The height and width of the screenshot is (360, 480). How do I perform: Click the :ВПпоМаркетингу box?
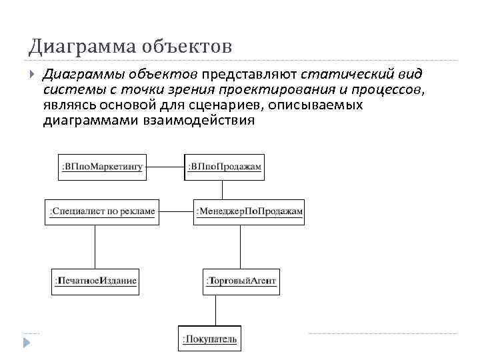pyautogui.click(x=102, y=167)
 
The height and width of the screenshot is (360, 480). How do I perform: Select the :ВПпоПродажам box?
pyautogui.click(x=225, y=167)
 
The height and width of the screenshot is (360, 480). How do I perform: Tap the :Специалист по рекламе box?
pyautogui.click(x=101, y=211)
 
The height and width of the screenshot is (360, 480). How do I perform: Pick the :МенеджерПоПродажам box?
pyautogui.click(x=249, y=211)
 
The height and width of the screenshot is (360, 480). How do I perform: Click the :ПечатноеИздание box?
pyautogui.click(x=95, y=281)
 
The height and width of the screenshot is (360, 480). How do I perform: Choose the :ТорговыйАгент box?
pyautogui.click(x=241, y=281)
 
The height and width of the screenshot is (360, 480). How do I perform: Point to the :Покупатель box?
pyautogui.click(x=209, y=339)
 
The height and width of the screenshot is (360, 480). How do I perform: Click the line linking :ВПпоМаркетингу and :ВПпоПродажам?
pyautogui.click(x=165, y=167)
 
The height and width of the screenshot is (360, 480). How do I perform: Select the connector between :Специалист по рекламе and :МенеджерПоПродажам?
pyautogui.click(x=175, y=211)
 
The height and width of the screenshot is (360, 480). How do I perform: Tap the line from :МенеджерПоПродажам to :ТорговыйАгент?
pyautogui.click(x=241, y=246)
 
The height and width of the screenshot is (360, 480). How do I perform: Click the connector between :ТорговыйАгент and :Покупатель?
pyautogui.click(x=215, y=309)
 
